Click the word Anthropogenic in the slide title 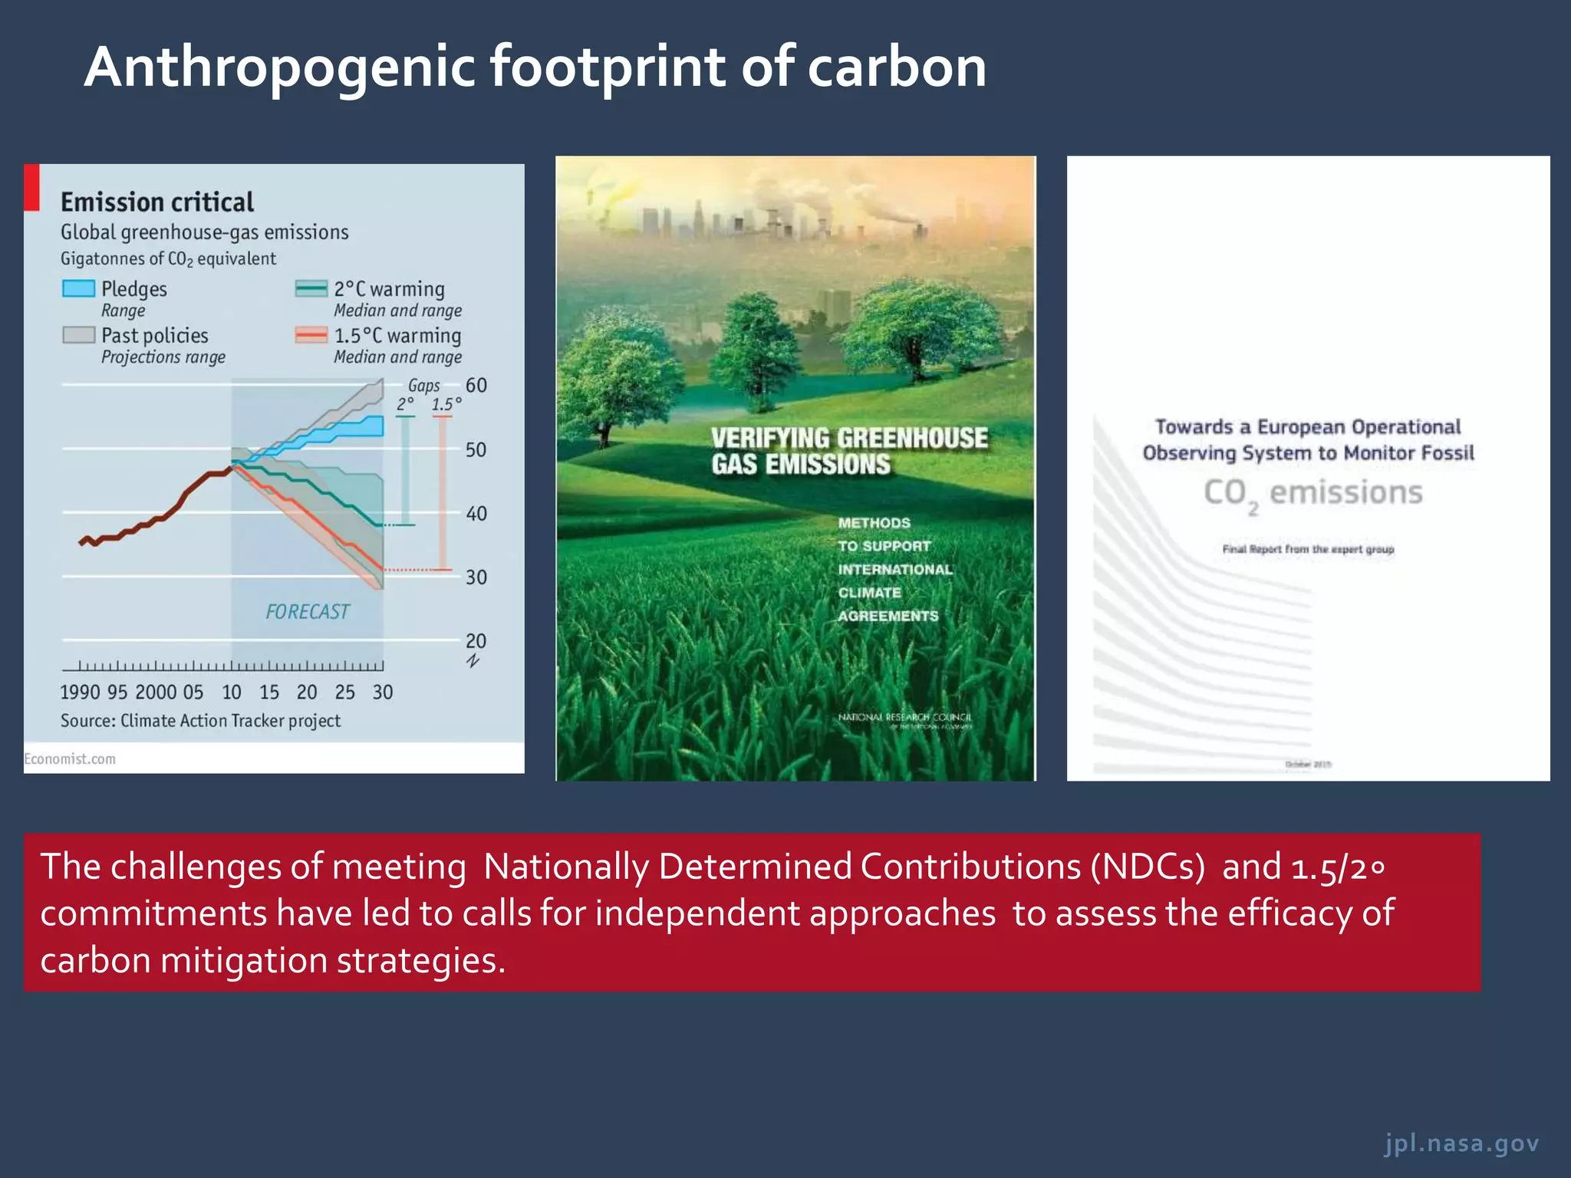coord(280,67)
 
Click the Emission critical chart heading coord(157,202)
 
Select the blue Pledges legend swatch coord(78,289)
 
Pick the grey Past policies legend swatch coord(78,335)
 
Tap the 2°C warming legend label coord(389,289)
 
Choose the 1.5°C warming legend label coord(397,336)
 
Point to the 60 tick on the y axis coord(476,385)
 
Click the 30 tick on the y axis coord(476,577)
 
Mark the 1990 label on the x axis coord(80,693)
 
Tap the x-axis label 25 coord(344,693)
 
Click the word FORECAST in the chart coord(307,611)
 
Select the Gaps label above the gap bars coord(423,385)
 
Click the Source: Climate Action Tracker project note coord(200,721)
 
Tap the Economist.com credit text coord(70,758)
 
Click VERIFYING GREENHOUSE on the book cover coord(849,438)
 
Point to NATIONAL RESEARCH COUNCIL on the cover coord(904,717)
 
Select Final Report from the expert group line coord(1308,549)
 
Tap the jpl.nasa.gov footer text coord(1461,1143)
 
